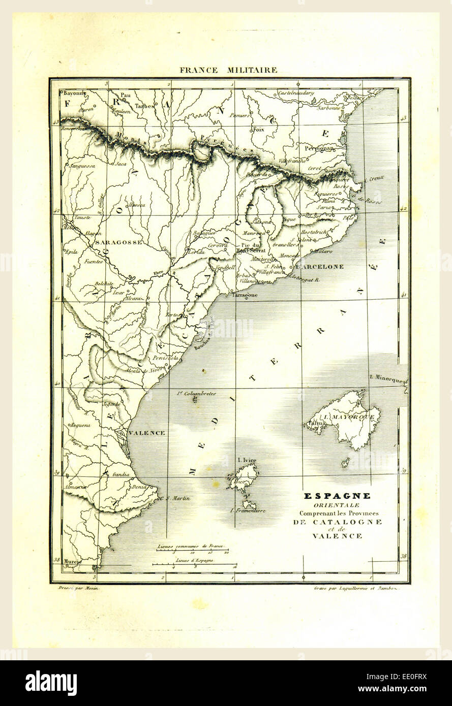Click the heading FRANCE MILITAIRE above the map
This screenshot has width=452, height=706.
tap(228, 70)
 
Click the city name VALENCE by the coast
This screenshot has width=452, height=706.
tap(147, 433)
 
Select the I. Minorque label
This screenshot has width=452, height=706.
tap(386, 379)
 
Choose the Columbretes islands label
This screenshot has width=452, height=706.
tap(196, 393)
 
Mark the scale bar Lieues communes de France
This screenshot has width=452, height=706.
tap(191, 547)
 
